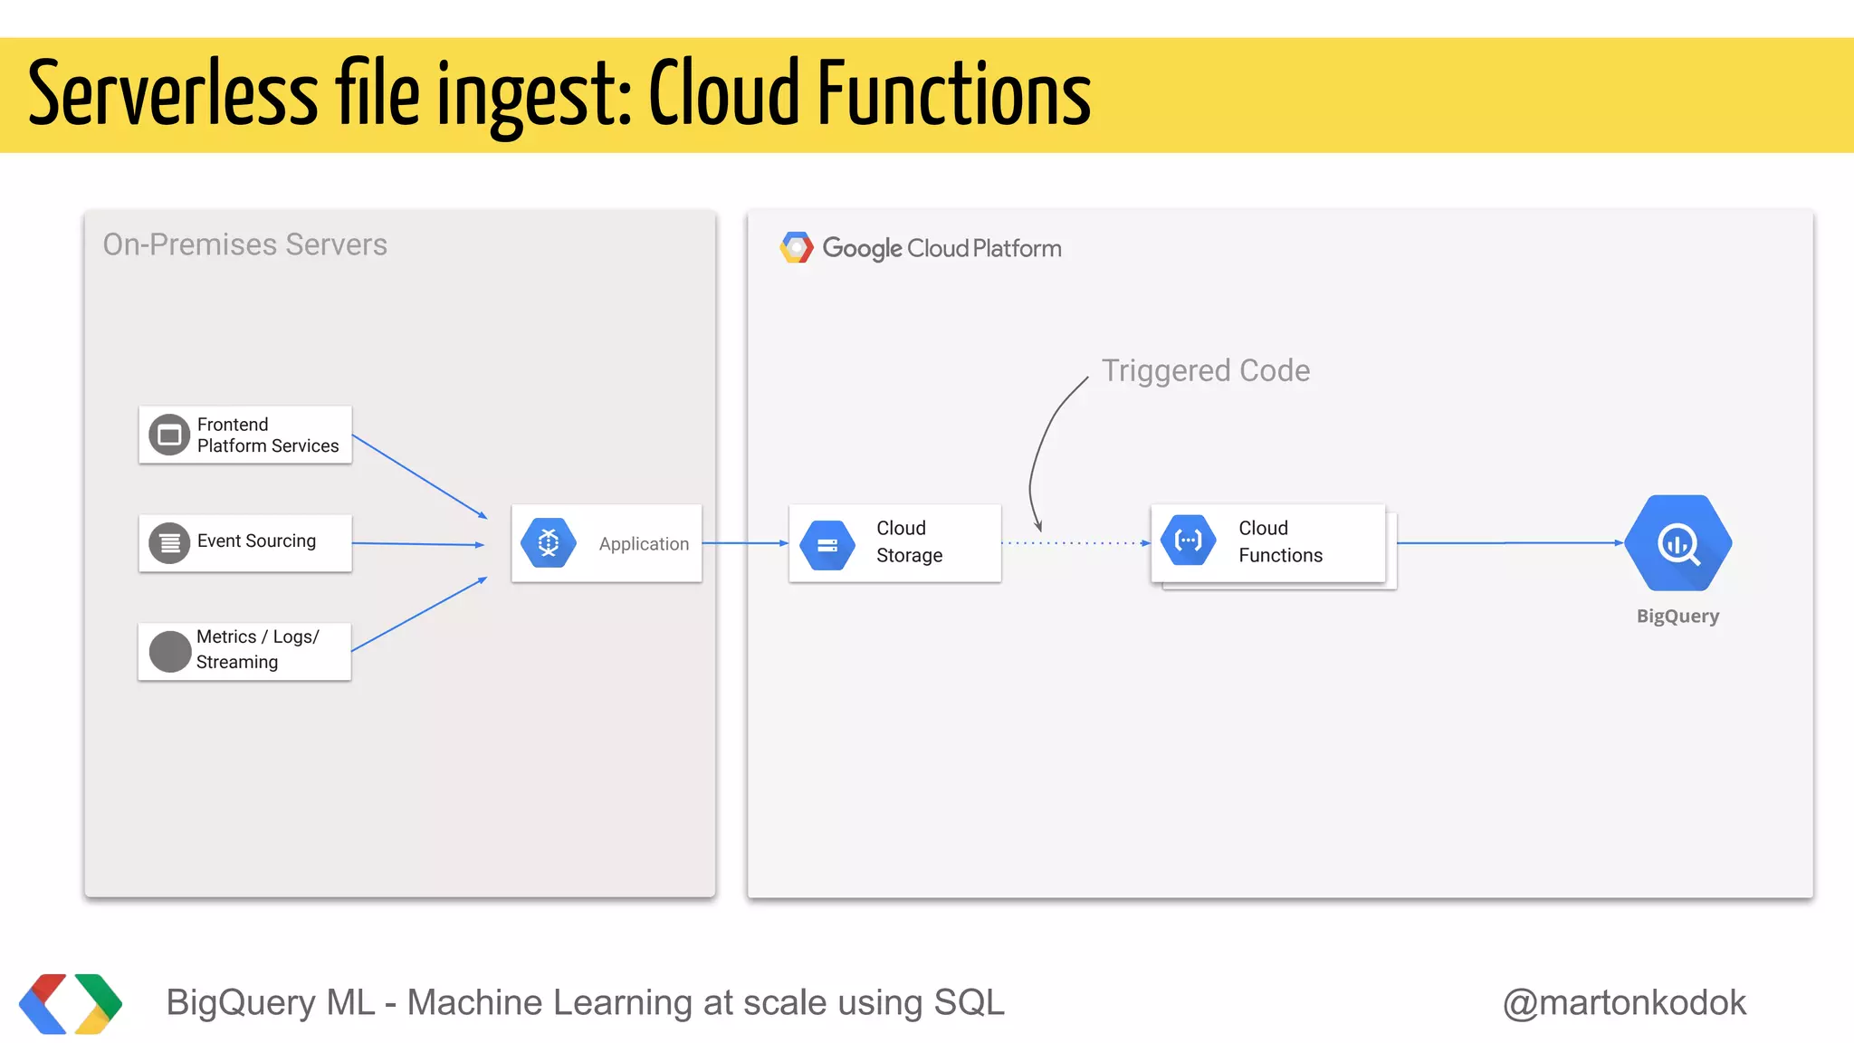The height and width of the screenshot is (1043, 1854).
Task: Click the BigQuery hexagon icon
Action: (x=1677, y=542)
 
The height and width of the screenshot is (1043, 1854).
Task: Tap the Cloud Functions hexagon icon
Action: (x=1188, y=541)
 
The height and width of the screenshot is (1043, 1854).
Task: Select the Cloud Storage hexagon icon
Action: (x=827, y=544)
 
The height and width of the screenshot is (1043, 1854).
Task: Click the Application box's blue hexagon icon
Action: (x=549, y=542)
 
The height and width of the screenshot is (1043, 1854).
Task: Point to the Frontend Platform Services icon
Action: (x=169, y=435)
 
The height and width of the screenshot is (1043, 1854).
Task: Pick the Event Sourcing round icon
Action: (x=169, y=543)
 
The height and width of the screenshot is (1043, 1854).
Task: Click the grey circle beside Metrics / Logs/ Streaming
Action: (x=169, y=651)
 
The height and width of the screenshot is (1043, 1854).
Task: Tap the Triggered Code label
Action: (x=1205, y=370)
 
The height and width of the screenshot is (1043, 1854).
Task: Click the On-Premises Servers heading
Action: (x=244, y=244)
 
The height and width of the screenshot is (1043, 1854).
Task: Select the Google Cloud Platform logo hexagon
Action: (x=797, y=247)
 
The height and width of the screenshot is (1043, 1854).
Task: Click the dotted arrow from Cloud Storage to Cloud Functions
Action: (x=1075, y=543)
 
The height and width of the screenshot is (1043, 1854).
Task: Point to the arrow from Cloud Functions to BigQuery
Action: (x=1508, y=543)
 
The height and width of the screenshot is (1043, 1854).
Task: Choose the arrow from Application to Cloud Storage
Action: (x=745, y=543)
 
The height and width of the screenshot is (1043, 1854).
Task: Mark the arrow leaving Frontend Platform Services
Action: (x=419, y=476)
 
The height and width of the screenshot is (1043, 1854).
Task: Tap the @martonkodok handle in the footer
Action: (x=1624, y=1002)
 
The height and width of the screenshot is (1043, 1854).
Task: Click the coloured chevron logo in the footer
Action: (x=71, y=1003)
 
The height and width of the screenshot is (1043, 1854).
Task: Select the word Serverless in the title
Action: (x=173, y=94)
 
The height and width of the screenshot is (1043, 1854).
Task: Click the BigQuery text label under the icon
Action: (x=1677, y=617)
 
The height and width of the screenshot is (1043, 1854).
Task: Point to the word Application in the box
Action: (x=644, y=544)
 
